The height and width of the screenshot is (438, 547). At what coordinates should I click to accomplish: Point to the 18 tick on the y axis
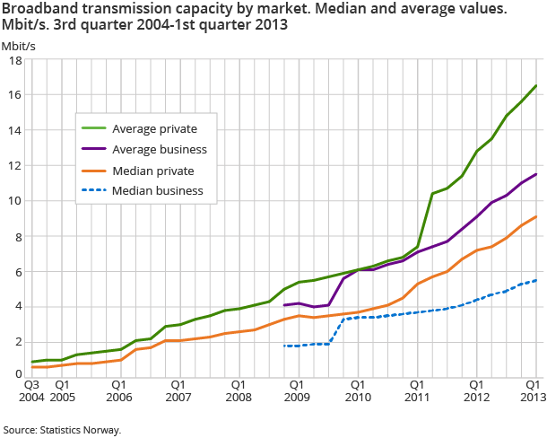click(15, 60)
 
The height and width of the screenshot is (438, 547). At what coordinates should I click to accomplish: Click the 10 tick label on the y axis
click(15, 201)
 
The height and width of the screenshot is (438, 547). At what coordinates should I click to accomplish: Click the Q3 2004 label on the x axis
click(32, 390)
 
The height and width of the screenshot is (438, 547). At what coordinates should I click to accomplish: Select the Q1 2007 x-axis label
click(178, 390)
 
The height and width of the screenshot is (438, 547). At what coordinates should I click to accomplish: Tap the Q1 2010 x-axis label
click(356, 390)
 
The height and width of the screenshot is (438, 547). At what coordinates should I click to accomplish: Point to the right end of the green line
click(536, 86)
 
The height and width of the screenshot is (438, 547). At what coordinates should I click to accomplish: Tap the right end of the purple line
click(536, 174)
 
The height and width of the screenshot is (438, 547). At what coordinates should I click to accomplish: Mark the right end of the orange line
click(536, 216)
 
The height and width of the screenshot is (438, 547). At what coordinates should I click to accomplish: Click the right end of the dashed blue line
click(536, 280)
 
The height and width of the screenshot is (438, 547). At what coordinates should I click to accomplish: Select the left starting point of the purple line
click(283, 305)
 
